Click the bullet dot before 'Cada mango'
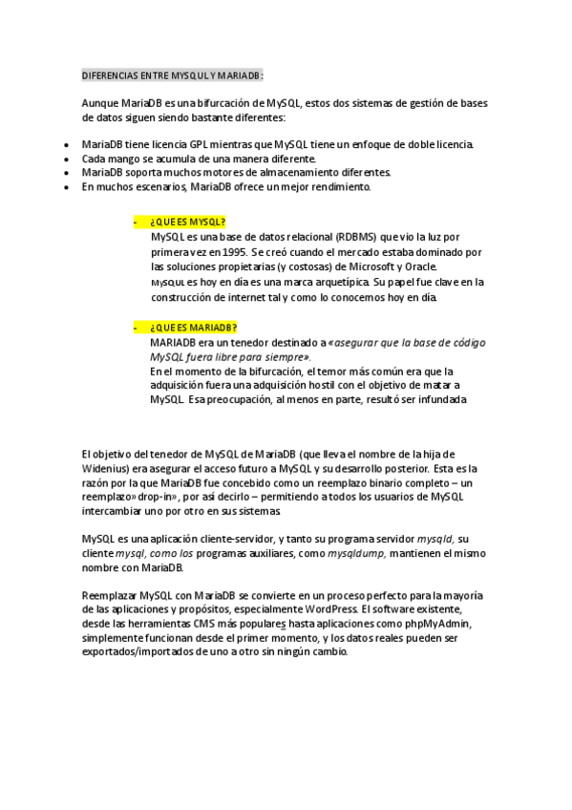(x=65, y=159)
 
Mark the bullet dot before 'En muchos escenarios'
(x=65, y=187)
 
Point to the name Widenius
(x=107, y=468)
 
